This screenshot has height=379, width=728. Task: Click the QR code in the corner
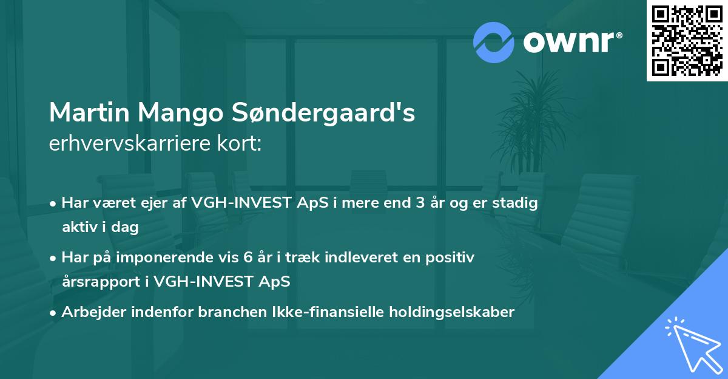tap(687, 40)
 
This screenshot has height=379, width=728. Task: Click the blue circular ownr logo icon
tap(493, 43)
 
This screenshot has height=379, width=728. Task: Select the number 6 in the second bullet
tap(248, 258)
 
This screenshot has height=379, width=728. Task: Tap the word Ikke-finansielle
tap(326, 312)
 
